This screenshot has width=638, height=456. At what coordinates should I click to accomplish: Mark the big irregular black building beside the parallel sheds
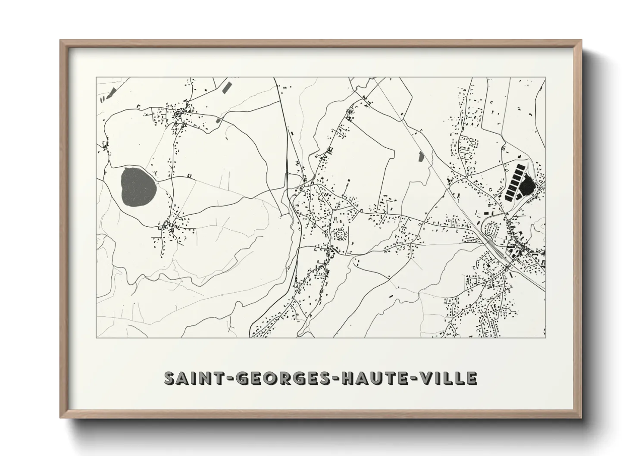point(527,187)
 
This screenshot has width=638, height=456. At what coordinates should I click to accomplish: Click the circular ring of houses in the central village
point(340,234)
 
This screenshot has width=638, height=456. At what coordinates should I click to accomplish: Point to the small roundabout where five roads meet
point(466,177)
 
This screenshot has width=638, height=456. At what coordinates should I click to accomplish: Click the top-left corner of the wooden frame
point(61,41)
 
